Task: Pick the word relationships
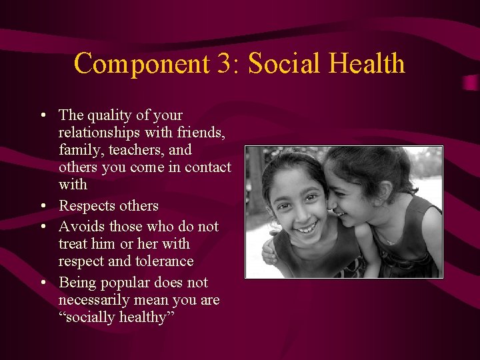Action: click(x=102, y=133)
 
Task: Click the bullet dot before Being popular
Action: click(x=43, y=283)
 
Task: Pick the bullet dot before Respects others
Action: click(x=43, y=206)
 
